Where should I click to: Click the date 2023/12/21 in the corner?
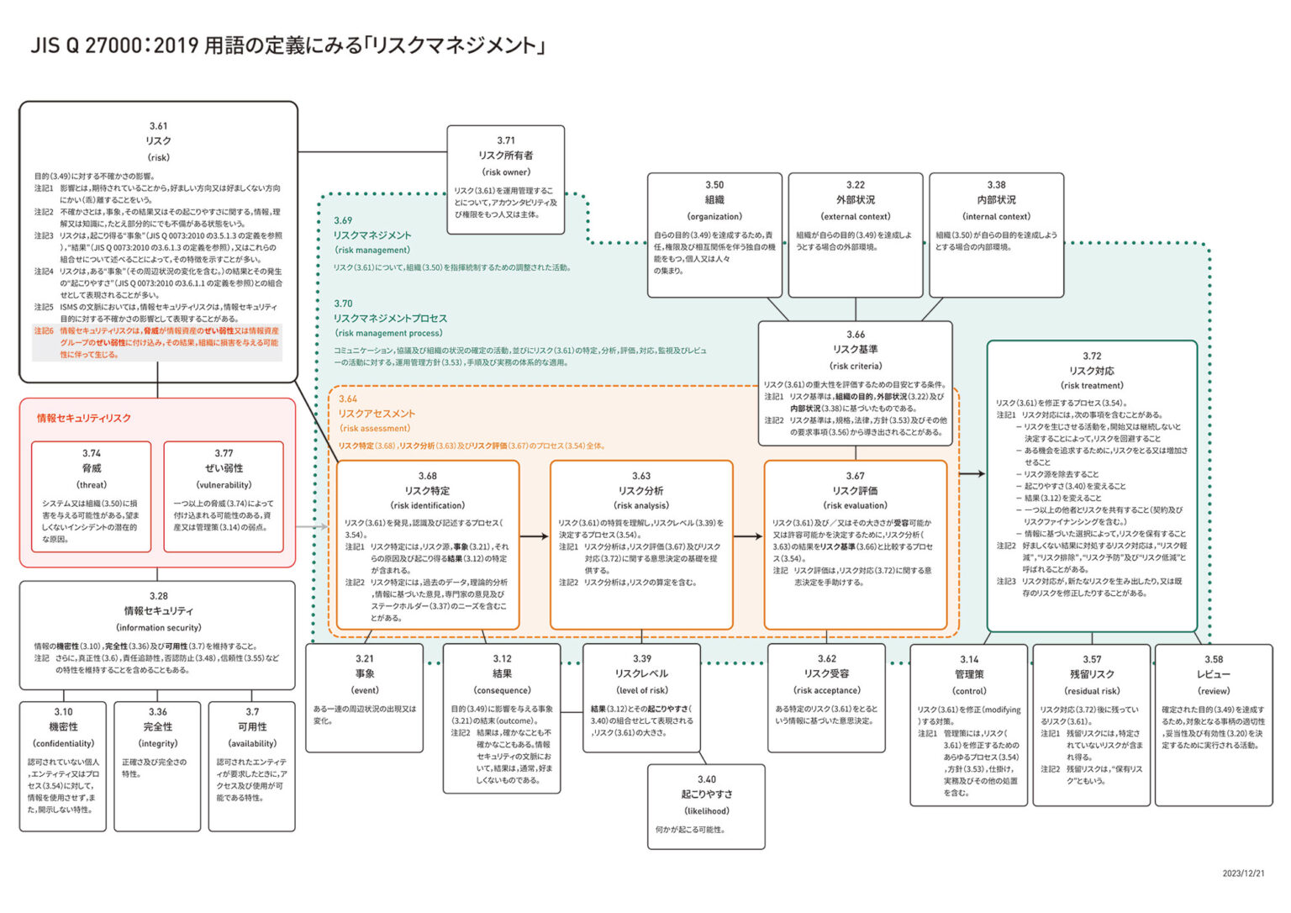pos(1243,873)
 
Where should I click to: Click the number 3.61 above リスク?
pos(158,126)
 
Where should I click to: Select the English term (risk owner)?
pos(505,172)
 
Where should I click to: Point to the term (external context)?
pos(856,217)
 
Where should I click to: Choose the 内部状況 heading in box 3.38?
pos(996,200)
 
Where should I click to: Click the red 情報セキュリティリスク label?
pos(83,418)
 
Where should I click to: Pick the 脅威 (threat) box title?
pos(92,468)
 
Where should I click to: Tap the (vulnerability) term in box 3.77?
pos(224,485)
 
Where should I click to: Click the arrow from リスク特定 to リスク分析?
pos(534,536)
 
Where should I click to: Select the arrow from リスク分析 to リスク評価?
pos(747,536)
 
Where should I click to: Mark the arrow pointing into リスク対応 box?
pos(972,474)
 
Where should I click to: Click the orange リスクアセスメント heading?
pos(377,414)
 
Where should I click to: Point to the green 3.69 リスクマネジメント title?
pos(372,235)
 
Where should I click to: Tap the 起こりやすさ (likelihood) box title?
pos(706,794)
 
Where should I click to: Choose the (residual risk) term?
pos(1092,691)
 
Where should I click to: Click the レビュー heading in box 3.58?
pos(1213,674)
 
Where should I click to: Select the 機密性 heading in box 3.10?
pos(63,727)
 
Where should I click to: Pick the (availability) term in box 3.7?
pos(252,744)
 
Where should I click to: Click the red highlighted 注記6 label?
pos(44,331)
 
